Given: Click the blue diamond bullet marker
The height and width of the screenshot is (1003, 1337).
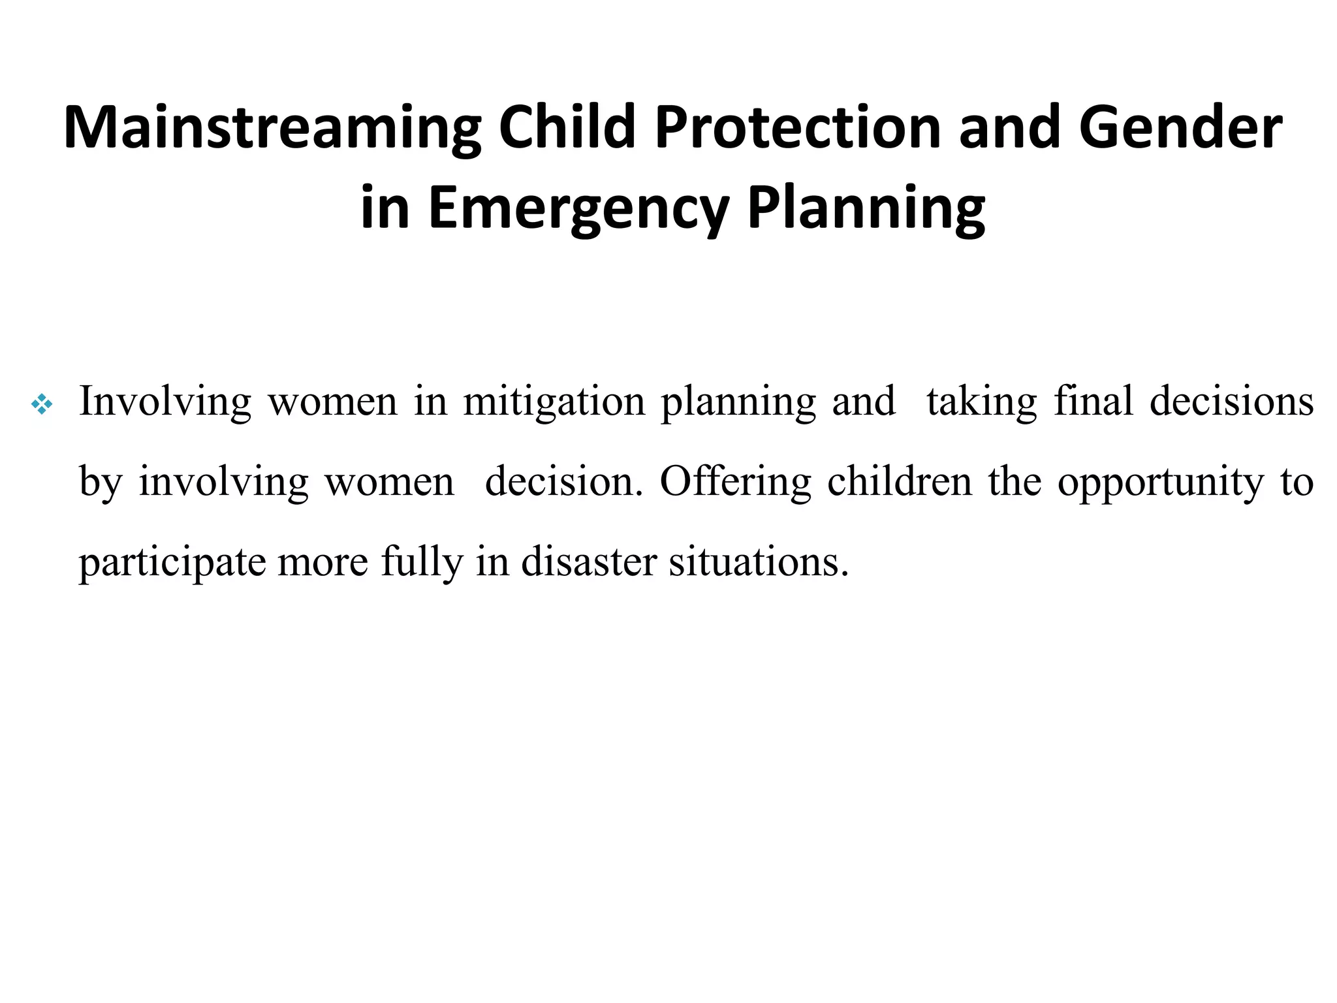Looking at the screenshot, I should click(x=42, y=406).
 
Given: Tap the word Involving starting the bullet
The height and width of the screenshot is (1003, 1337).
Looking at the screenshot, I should click(x=165, y=401).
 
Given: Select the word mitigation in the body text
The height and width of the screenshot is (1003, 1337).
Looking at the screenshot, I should click(x=554, y=401).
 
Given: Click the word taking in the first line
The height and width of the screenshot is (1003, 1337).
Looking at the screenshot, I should click(x=981, y=401).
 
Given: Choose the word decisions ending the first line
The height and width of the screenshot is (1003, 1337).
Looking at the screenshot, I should click(x=1231, y=401).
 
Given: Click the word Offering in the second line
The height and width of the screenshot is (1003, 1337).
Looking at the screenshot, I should click(x=735, y=482).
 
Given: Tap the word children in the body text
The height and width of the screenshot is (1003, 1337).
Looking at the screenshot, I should click(x=900, y=482).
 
